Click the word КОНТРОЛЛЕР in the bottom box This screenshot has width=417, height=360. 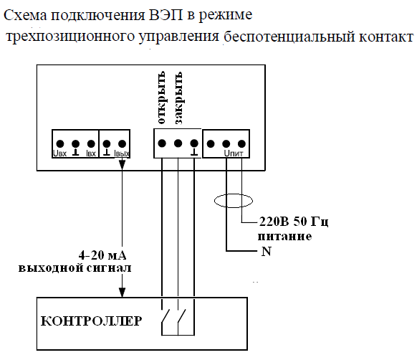coord(91,321)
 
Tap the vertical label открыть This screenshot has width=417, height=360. coord(161,98)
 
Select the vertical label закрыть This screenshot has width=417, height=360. coord(178,98)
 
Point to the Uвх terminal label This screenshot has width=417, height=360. coord(60,153)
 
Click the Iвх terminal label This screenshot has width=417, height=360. coord(91,153)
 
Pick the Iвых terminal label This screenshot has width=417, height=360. coord(122,153)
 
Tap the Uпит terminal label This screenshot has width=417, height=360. coord(234,153)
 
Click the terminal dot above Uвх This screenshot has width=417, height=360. coord(60,144)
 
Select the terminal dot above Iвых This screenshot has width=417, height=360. coord(122,144)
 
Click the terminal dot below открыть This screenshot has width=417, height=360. coord(162,143)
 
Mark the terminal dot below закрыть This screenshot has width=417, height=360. coord(178,143)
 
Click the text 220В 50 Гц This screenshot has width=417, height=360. coord(294,222)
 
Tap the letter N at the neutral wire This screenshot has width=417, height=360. coord(267,251)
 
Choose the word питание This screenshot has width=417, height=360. coord(284,237)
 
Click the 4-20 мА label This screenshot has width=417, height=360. coord(102,255)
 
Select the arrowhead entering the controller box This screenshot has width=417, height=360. coord(122,293)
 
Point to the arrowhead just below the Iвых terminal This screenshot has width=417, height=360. coord(122,164)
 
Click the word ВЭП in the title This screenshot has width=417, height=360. coord(166,15)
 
